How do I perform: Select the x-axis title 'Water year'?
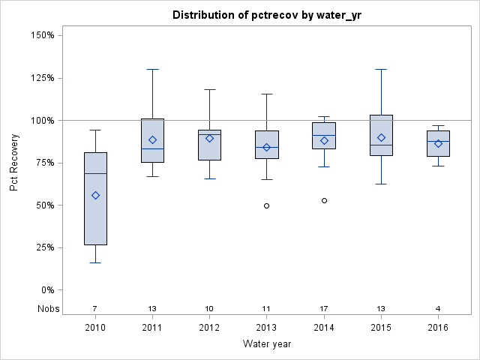tap(266, 343)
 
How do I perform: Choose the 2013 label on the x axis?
tap(267, 327)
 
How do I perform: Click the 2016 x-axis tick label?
tap(439, 327)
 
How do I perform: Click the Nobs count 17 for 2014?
tap(324, 308)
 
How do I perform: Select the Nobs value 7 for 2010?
tap(95, 308)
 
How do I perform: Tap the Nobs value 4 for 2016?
tap(439, 308)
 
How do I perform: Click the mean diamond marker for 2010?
tap(95, 195)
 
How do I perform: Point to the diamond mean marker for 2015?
tap(381, 137)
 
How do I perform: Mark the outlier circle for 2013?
tap(267, 205)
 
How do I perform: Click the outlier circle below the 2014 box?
tap(324, 200)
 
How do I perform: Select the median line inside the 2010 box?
tap(95, 173)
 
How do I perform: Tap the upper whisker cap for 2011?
tap(152, 69)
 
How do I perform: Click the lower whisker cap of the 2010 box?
tap(95, 262)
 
